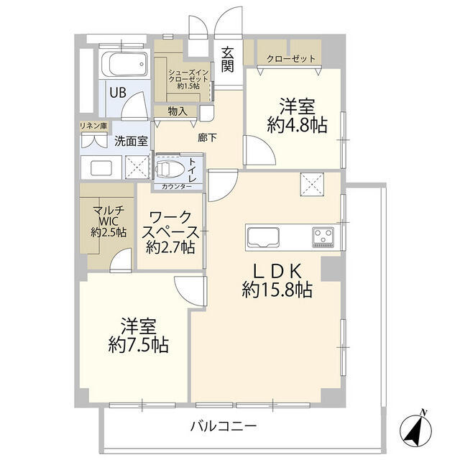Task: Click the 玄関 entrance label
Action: [228, 59]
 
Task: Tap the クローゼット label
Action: [290, 58]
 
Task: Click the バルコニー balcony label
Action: [223, 426]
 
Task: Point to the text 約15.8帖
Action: [276, 290]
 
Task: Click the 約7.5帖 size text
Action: [139, 345]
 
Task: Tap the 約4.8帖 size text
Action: [297, 125]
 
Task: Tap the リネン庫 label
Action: [93, 126]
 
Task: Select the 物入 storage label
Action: [178, 111]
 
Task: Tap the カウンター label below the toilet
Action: [176, 186]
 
